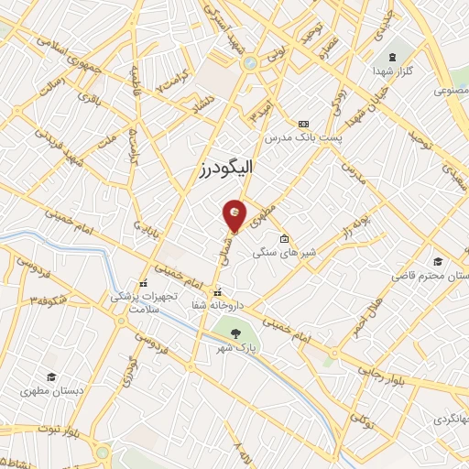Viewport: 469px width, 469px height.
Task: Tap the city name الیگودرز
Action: point(225,168)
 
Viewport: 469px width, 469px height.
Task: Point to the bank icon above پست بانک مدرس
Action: point(303,124)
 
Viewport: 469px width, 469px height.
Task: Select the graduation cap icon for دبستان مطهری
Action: point(52,376)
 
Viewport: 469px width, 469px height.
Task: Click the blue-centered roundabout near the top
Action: point(249,63)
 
